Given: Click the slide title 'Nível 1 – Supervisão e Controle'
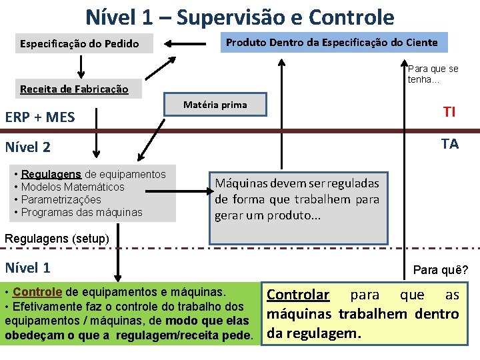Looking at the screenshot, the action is coord(239,16).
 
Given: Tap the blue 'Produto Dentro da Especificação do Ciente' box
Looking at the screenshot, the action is coord(331,43).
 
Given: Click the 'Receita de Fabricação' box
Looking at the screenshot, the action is coord(74,89).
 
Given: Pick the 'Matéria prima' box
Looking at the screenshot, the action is coord(215,105).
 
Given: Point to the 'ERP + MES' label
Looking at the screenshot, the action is coord(40,117).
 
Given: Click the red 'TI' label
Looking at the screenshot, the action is coord(449,112).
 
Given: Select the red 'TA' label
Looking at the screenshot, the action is coord(449,144).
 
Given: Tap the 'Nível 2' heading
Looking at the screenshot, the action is coord(27,147).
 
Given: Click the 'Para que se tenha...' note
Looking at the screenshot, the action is coord(433,74).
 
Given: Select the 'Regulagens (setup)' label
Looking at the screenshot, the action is coord(57,238).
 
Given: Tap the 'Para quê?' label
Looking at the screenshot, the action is coord(440,270).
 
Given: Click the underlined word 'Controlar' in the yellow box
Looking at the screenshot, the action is coord(297,295).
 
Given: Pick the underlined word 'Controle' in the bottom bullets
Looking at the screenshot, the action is coord(37,292).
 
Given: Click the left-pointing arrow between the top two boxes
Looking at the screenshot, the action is coord(186,44).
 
